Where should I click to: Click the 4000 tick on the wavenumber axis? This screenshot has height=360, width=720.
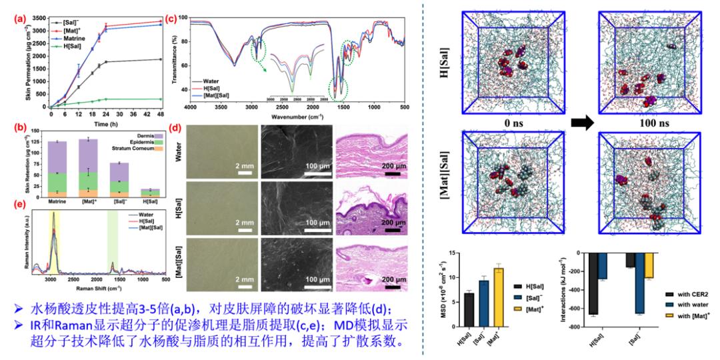pyautogui.click(x=191, y=107)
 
